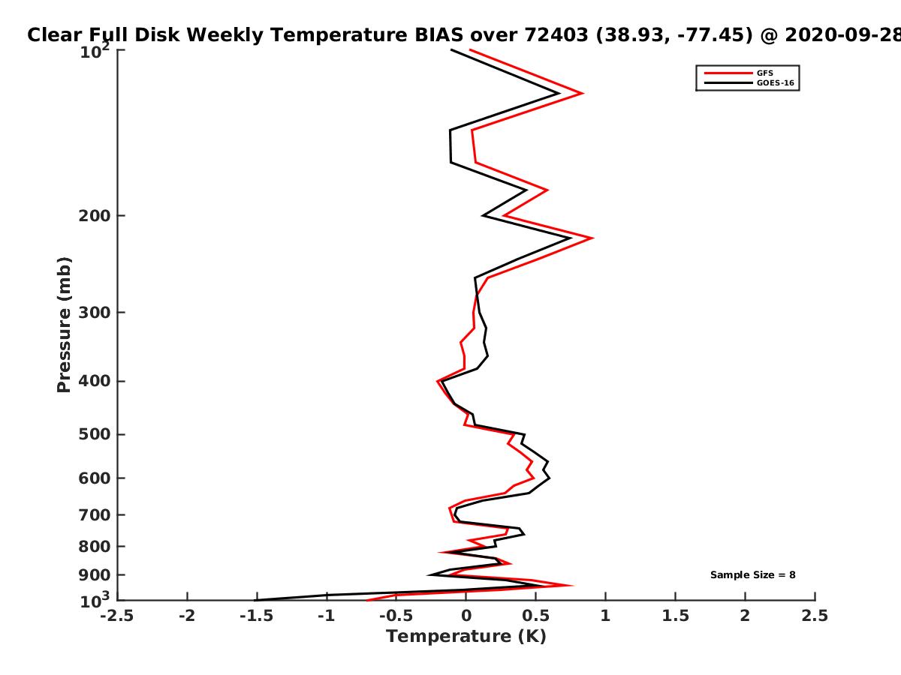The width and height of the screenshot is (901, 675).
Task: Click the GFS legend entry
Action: [x=739, y=73]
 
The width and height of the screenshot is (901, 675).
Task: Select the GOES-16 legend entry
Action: [x=749, y=82]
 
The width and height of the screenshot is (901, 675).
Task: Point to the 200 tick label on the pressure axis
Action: [x=95, y=215]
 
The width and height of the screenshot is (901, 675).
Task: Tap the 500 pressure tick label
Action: [x=95, y=434]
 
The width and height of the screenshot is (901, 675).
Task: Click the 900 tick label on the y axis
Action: [x=95, y=575]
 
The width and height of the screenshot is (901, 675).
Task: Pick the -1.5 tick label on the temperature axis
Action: [x=257, y=616]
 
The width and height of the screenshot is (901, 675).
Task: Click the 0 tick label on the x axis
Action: [x=466, y=616]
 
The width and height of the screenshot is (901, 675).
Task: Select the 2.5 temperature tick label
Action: [x=815, y=616]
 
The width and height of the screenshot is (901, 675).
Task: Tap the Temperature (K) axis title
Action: [x=466, y=636]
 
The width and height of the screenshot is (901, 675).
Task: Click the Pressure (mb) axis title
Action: [x=64, y=325]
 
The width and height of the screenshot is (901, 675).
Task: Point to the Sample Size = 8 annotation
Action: [x=753, y=574]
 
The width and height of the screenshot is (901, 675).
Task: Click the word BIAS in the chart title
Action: [x=438, y=35]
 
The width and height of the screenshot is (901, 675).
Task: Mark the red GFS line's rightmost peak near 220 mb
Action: [x=592, y=238]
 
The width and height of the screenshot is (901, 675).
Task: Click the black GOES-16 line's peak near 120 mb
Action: [x=559, y=94]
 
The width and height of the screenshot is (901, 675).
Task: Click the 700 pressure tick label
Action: [x=95, y=514]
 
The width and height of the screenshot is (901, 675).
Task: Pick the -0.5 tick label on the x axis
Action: [x=396, y=616]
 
